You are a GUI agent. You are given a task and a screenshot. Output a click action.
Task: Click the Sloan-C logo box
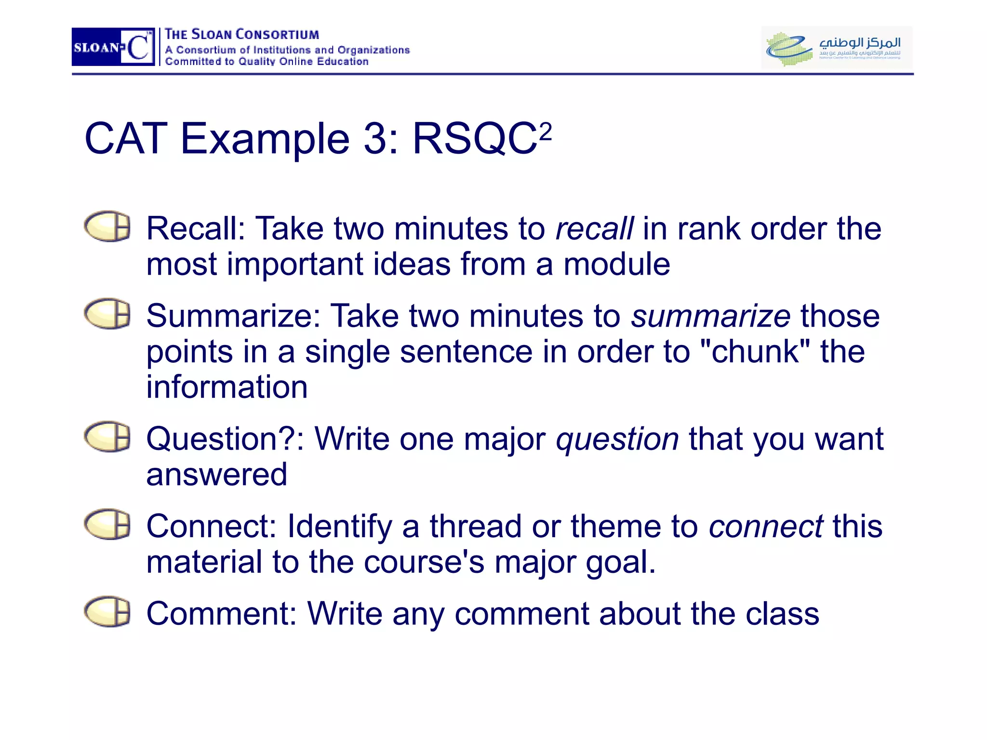click(x=113, y=47)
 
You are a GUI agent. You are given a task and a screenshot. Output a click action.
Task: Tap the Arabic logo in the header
click(x=837, y=47)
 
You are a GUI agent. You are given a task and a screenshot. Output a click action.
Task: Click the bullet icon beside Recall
click(x=107, y=226)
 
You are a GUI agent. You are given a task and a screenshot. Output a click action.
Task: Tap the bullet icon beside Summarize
click(x=107, y=314)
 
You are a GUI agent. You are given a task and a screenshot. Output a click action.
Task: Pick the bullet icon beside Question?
click(x=107, y=437)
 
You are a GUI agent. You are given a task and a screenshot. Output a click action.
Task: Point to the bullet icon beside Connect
click(x=107, y=524)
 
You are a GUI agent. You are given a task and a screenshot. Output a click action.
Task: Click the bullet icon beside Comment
click(x=107, y=612)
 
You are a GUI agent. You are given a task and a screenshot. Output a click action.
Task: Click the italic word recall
click(x=594, y=228)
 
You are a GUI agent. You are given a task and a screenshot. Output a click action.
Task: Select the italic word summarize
click(x=711, y=316)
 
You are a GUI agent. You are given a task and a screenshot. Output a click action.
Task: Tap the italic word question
click(x=617, y=439)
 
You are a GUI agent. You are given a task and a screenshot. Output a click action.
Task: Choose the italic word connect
click(x=766, y=526)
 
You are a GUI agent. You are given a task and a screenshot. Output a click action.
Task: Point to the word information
click(x=227, y=387)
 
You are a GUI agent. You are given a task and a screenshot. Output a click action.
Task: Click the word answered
click(x=217, y=475)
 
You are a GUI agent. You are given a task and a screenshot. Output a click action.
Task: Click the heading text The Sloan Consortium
click(x=242, y=35)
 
